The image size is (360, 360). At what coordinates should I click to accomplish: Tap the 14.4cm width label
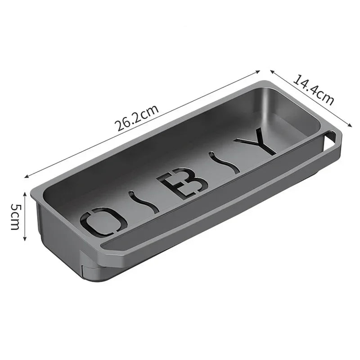[314, 90]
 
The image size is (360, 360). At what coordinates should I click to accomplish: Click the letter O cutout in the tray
[103, 221]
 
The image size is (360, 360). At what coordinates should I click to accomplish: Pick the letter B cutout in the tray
[183, 182]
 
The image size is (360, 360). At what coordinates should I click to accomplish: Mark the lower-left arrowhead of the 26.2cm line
[26, 176]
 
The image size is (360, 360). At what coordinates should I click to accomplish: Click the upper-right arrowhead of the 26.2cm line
[260, 71]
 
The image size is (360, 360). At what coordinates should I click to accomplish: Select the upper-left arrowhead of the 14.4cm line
[271, 70]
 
